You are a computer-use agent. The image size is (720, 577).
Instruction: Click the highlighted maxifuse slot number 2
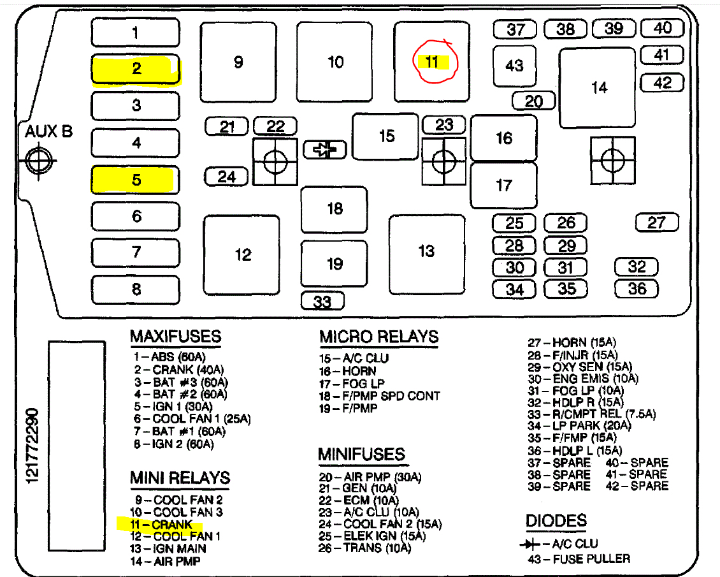[136, 69]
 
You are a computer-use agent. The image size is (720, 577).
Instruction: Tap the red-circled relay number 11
[432, 62]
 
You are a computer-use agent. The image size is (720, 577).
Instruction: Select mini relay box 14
[598, 87]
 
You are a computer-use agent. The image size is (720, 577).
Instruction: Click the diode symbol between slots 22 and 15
[324, 150]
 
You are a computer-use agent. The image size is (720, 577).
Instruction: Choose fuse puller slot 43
[514, 66]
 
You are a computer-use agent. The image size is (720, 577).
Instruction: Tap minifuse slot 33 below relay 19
[322, 300]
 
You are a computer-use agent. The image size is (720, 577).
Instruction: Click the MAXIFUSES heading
[175, 336]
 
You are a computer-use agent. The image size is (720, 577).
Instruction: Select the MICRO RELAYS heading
[378, 337]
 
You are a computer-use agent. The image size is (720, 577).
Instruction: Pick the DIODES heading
[556, 521]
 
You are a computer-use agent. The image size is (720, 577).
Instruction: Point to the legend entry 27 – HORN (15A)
[572, 343]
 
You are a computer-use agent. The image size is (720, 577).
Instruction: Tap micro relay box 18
[335, 209]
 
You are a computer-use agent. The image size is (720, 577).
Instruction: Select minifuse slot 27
[657, 223]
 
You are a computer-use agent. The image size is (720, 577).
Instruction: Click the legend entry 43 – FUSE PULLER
[579, 559]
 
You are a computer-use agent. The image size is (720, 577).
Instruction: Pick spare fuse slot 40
[663, 28]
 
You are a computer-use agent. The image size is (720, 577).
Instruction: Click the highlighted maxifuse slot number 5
[136, 180]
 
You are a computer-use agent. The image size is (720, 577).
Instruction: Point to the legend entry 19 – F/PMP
[348, 408]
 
